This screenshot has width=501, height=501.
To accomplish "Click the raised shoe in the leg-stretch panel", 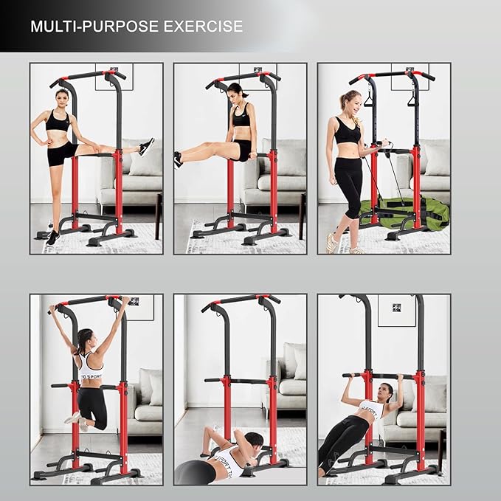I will coord(146,146).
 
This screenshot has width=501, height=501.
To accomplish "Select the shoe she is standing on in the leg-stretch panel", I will coord(52,238).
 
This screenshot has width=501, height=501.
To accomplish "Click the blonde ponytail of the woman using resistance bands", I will coord(344,101).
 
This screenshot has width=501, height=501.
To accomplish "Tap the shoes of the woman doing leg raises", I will coord(178,159).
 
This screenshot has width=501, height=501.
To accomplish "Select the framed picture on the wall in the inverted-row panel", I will coord(396,309).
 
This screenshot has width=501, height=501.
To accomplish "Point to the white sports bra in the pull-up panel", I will coord(91,368).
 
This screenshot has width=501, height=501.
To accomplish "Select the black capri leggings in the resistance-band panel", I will coord(348,184).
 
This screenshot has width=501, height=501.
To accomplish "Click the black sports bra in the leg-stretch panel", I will coord(57,121).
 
